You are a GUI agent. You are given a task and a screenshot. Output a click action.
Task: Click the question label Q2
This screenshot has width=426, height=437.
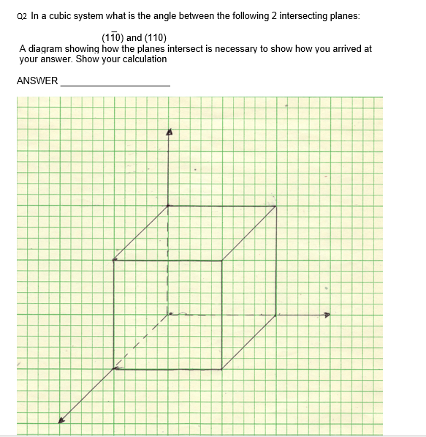click(23, 15)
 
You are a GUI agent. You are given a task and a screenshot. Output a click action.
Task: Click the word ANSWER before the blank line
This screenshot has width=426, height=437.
click(37, 81)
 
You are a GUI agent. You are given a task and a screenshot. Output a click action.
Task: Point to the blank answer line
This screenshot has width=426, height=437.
click(115, 86)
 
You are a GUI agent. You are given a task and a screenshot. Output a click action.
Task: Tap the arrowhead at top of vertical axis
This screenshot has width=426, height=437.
click(169, 132)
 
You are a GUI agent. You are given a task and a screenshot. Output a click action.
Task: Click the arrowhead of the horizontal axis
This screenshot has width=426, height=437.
click(327, 316)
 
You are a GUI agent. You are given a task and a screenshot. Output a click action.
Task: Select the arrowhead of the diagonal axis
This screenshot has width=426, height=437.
click(62, 419)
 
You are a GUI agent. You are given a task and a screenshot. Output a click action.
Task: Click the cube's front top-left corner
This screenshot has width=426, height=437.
click(115, 260)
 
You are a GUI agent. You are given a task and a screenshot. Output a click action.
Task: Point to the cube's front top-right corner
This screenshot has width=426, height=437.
click(221, 260)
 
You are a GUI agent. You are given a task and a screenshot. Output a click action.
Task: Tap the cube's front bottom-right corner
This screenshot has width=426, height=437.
click(221, 369)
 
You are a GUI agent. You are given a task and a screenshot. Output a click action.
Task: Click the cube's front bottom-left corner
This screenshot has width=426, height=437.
click(115, 369)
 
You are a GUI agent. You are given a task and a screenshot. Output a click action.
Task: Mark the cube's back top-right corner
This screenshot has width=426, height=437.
click(275, 206)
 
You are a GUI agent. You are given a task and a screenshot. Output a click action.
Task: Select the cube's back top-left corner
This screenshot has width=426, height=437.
click(169, 206)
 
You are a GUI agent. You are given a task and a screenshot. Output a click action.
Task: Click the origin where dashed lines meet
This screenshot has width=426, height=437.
click(169, 315)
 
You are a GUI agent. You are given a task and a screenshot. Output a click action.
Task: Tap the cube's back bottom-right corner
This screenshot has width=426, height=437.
click(275, 315)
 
